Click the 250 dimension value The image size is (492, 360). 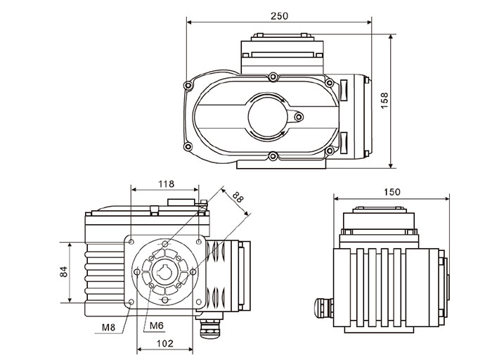[278, 15]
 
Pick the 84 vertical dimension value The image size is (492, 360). [63, 271]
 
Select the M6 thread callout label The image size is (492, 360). [157, 326]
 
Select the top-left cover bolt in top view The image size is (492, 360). [187, 85]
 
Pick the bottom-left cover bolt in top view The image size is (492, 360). [188, 146]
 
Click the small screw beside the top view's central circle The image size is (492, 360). [299, 116]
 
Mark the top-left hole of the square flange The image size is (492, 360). [131, 240]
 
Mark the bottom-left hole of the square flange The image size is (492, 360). [132, 302]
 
